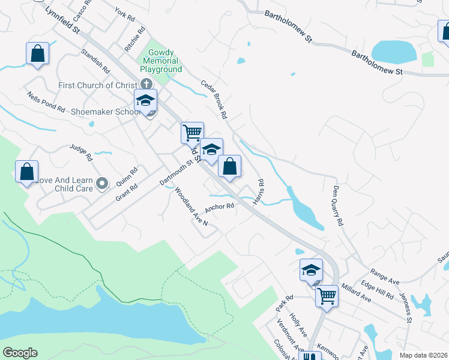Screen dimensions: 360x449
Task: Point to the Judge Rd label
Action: click(80, 152)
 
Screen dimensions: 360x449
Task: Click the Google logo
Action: click(20, 353)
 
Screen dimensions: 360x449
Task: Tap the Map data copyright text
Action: click(423, 355)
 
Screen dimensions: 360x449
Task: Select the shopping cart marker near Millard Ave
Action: click(327, 295)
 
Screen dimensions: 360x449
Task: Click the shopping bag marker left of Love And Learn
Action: click(26, 172)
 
